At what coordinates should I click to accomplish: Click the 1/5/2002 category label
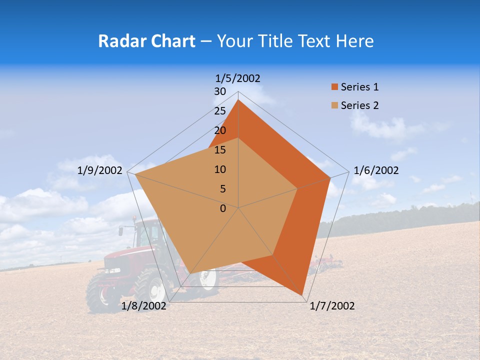238,78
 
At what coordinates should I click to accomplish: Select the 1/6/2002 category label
376,170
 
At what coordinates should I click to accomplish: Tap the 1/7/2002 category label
332,306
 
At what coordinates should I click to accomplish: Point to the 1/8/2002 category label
144,306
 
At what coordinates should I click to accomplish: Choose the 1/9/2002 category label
100,170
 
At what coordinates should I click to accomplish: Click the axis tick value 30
220,91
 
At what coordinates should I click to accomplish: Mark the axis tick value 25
220,111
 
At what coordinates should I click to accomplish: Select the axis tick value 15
220,150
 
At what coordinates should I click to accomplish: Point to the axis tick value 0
223,208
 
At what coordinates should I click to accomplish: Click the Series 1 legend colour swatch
334,87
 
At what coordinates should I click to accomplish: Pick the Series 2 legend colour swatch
334,105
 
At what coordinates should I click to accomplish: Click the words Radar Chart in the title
146,41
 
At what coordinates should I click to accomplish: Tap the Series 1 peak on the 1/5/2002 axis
238,100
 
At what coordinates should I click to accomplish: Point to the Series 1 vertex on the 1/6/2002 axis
330,177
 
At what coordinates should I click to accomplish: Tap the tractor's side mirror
121,231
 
